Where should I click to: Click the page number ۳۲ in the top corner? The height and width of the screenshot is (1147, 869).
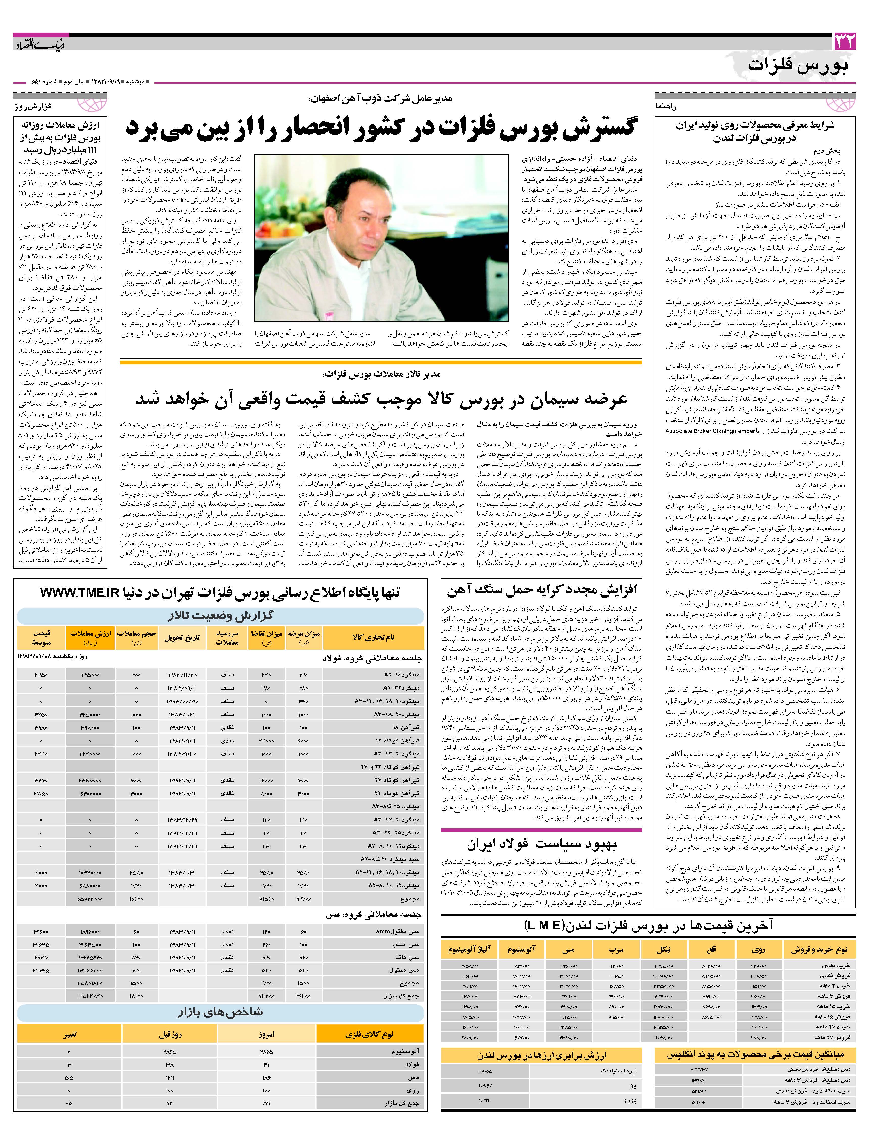[844, 41]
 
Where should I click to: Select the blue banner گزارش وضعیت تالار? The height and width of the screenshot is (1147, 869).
[220, 615]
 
